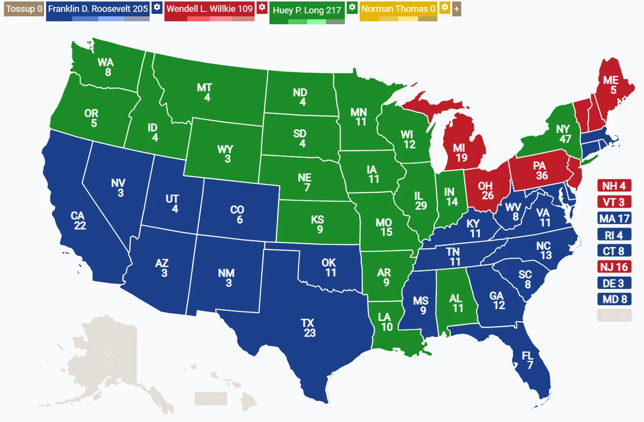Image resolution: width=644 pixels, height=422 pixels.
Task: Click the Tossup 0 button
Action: (23, 9)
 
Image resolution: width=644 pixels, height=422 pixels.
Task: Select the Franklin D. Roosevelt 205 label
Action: (98, 9)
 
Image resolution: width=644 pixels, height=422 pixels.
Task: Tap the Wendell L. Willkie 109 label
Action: (209, 9)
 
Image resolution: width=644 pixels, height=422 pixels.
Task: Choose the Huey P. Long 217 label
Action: (306, 10)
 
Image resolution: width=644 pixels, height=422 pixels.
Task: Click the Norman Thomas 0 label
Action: (398, 9)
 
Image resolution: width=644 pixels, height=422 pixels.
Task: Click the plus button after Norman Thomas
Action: (457, 9)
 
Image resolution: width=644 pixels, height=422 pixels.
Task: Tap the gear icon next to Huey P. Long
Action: (352, 8)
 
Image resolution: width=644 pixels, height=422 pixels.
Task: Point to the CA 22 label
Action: (78, 220)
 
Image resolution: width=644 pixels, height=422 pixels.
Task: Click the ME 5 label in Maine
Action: (611, 85)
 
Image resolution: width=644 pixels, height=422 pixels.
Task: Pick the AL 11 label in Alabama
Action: (457, 303)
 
